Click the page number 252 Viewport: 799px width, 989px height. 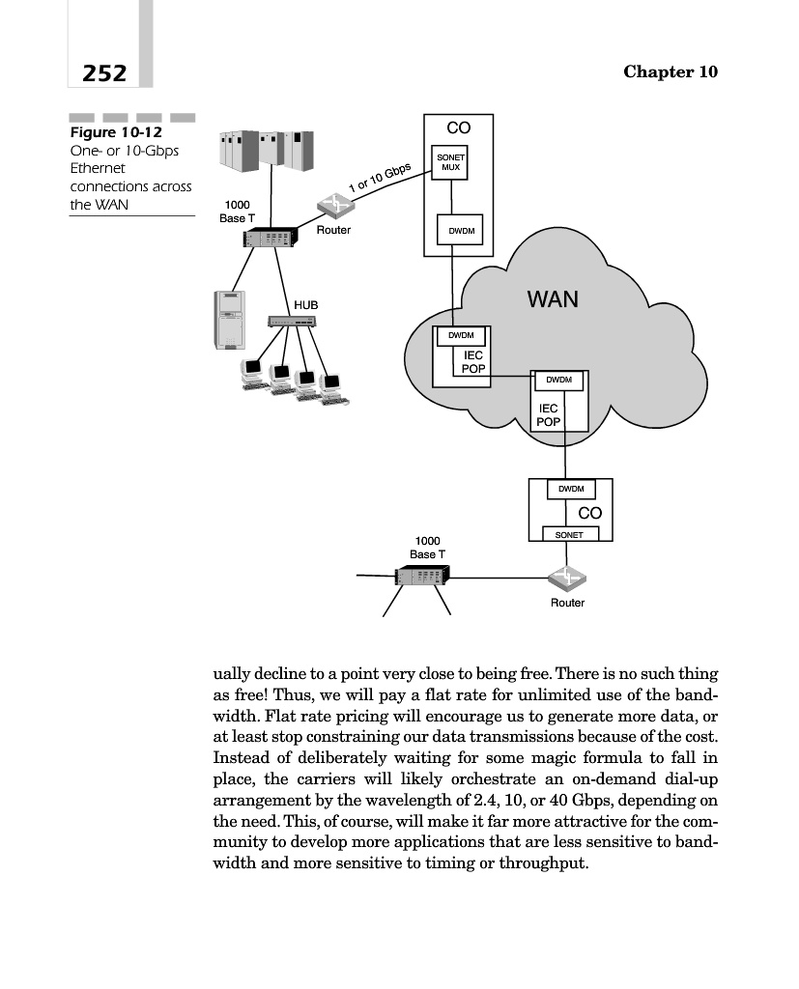103,72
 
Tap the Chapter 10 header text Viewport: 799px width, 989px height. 671,72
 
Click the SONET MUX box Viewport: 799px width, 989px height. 451,163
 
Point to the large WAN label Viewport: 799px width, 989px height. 553,298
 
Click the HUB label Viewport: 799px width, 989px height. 305,304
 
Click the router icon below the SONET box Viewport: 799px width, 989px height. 566,579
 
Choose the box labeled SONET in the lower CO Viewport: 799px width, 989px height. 570,534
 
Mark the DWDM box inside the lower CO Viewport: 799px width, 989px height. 571,490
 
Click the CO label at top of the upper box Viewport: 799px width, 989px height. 458,127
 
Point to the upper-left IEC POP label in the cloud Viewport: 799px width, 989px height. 473,363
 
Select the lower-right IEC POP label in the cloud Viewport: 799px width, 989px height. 548,415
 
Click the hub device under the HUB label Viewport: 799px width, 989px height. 292,321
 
